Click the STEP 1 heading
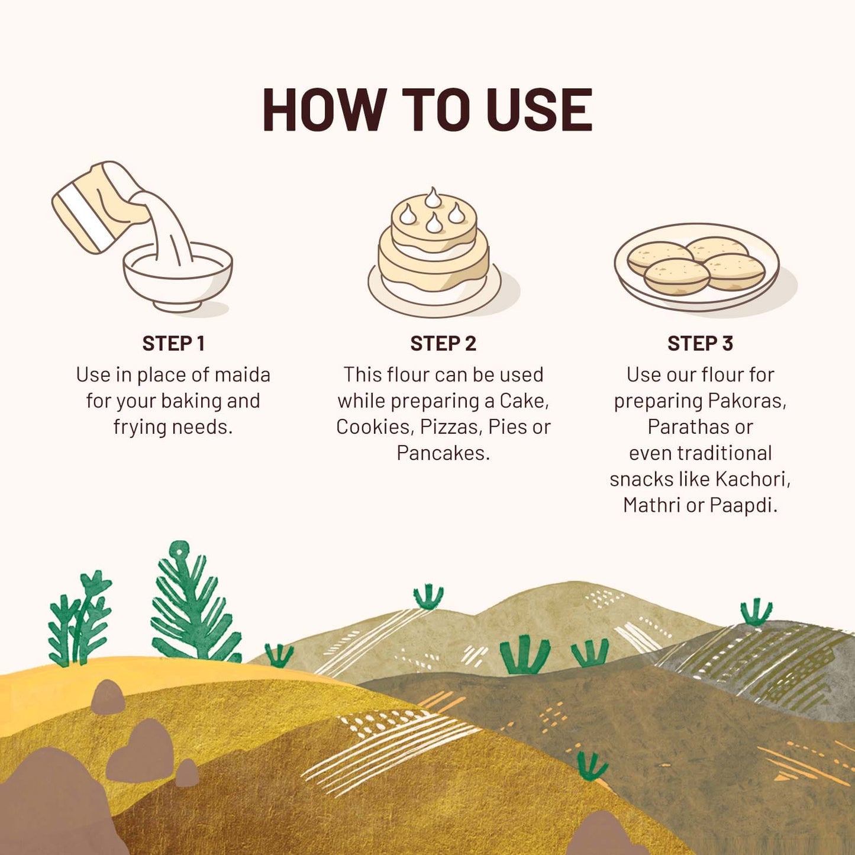click(x=173, y=343)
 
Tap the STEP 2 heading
click(x=443, y=343)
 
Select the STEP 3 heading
click(x=700, y=343)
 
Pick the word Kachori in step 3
click(x=753, y=479)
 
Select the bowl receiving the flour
click(x=178, y=276)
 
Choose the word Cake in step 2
click(x=524, y=401)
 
